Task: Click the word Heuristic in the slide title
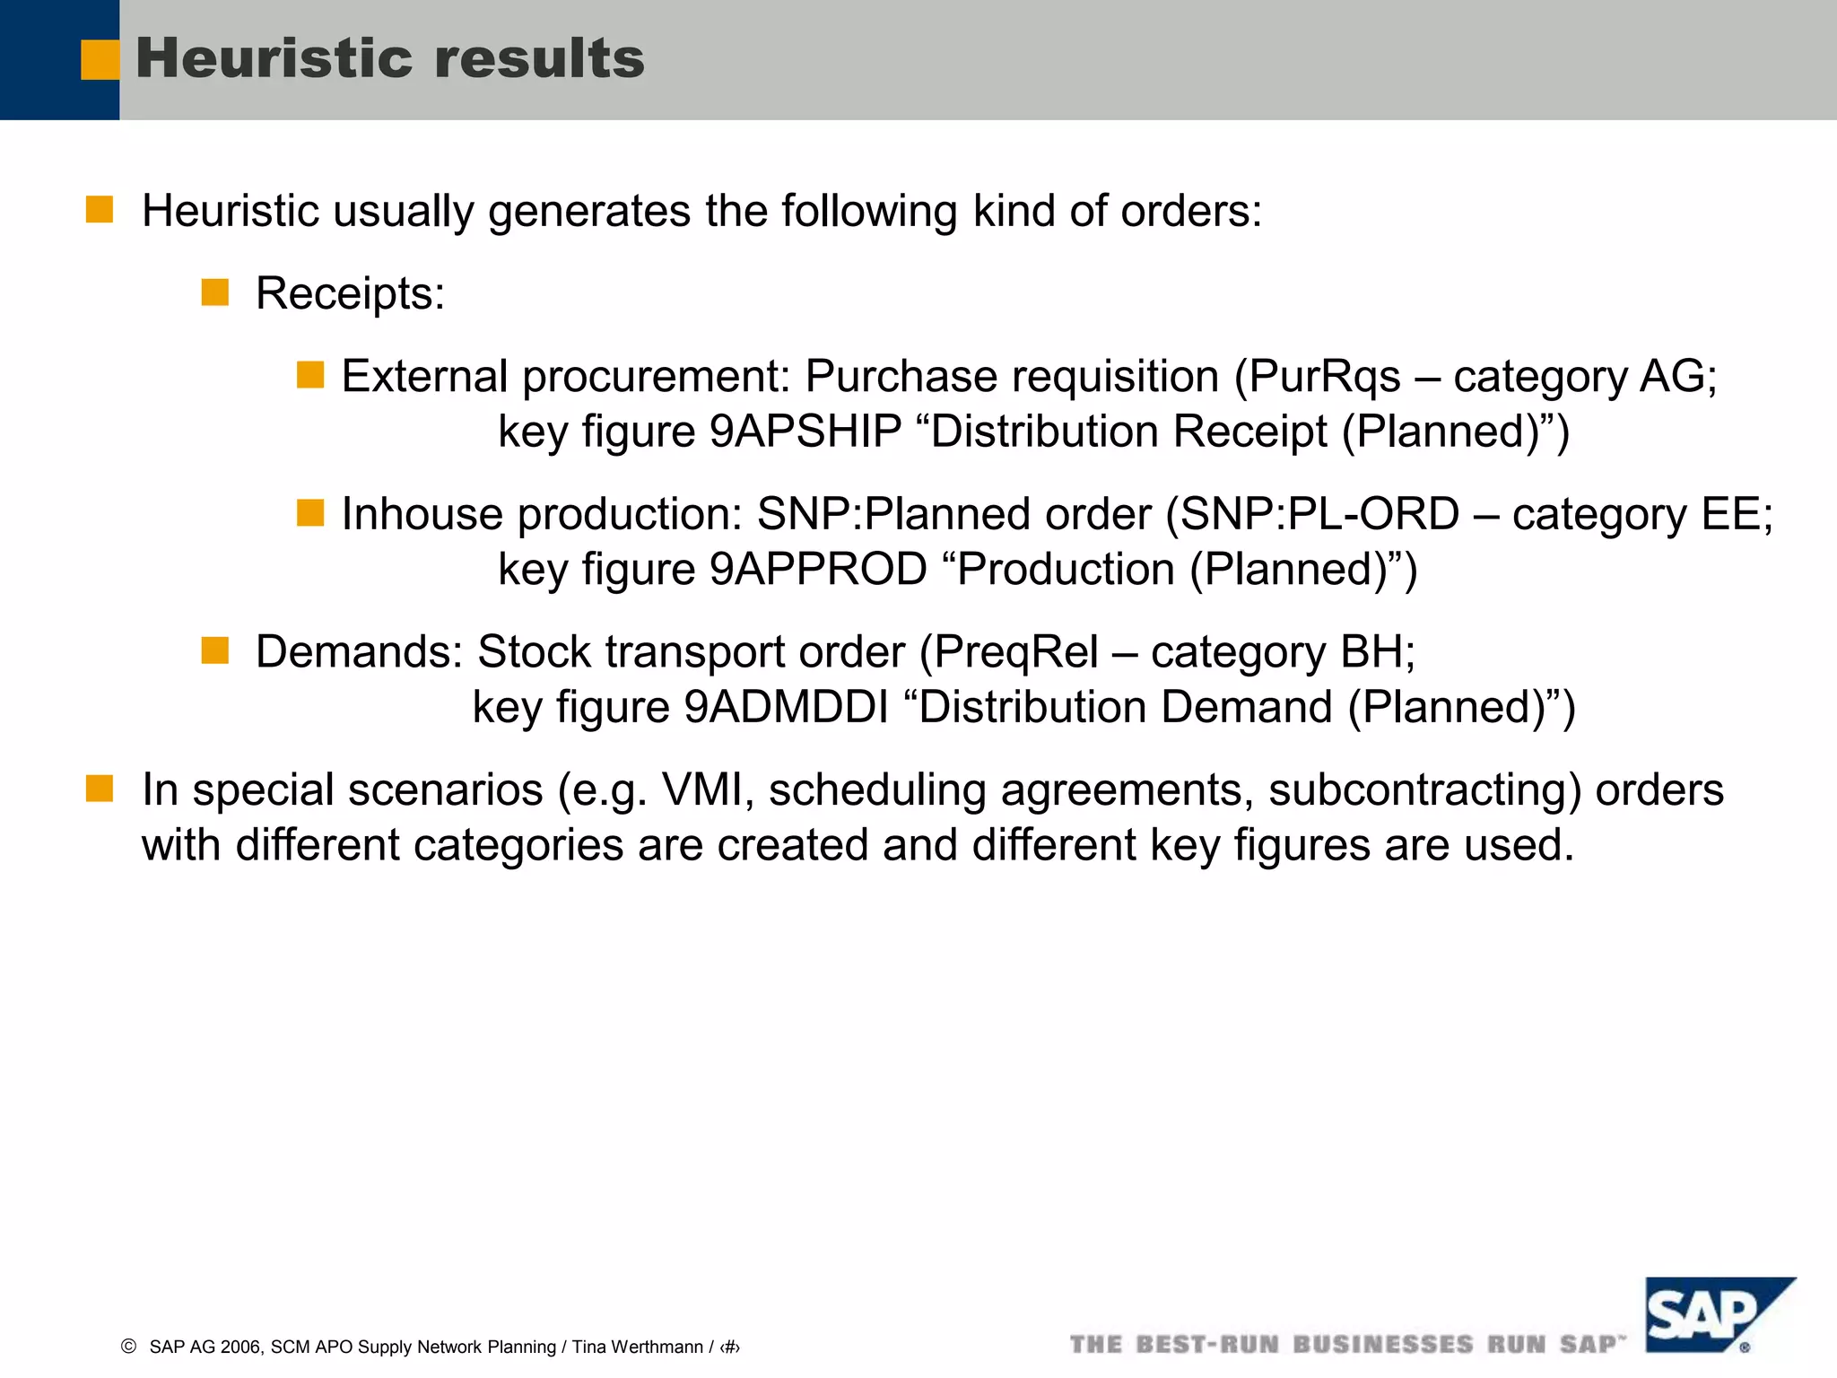(x=273, y=59)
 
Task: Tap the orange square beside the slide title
(x=99, y=60)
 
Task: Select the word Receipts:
(x=350, y=293)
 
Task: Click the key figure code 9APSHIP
(x=805, y=432)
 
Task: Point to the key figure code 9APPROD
(x=818, y=570)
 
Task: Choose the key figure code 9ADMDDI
(x=786, y=708)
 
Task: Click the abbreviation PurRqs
(x=1324, y=377)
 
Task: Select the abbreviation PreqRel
(x=1015, y=652)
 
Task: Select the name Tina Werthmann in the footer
(x=637, y=1347)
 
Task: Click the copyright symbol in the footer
(x=128, y=1347)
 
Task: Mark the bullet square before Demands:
(x=215, y=650)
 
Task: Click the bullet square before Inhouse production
(x=310, y=513)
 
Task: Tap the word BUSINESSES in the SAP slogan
(x=1383, y=1345)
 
